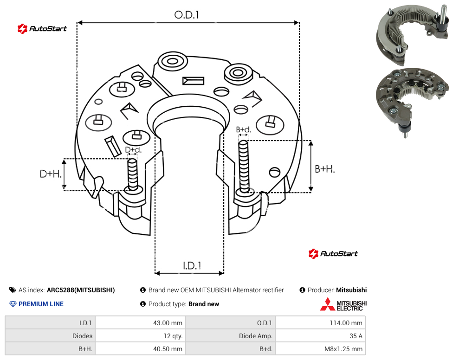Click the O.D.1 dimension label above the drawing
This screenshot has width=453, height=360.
(187, 15)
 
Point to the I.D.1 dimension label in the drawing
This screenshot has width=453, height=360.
(192, 266)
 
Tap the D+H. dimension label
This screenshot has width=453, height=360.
(51, 174)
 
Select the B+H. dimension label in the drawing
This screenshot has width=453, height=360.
(325, 169)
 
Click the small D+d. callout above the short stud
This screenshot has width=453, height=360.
(133, 150)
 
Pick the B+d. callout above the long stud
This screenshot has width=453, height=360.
(244, 129)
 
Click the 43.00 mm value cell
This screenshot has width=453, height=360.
(168, 323)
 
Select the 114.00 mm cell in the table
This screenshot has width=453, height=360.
(346, 323)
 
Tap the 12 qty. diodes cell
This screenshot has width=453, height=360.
(173, 336)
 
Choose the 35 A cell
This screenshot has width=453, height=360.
(356, 336)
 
